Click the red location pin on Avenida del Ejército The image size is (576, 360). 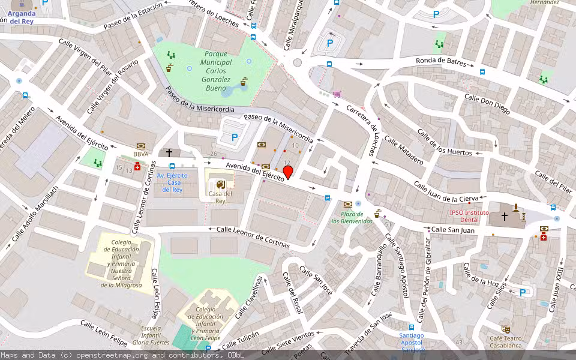(x=288, y=172)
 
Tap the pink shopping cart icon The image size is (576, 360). (x=337, y=94)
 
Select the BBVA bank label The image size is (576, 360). (x=140, y=154)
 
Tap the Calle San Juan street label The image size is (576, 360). (x=453, y=230)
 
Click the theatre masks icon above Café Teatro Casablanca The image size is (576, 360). (x=506, y=329)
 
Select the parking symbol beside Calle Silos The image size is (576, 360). (x=522, y=293)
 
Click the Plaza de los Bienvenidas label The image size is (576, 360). (x=352, y=218)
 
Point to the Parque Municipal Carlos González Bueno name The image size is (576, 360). (x=215, y=71)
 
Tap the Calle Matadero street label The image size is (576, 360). (x=404, y=151)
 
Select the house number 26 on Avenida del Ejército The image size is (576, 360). (x=214, y=155)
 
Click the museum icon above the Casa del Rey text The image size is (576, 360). (x=220, y=184)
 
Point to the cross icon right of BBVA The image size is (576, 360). (x=169, y=153)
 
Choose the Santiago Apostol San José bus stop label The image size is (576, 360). (x=412, y=343)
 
